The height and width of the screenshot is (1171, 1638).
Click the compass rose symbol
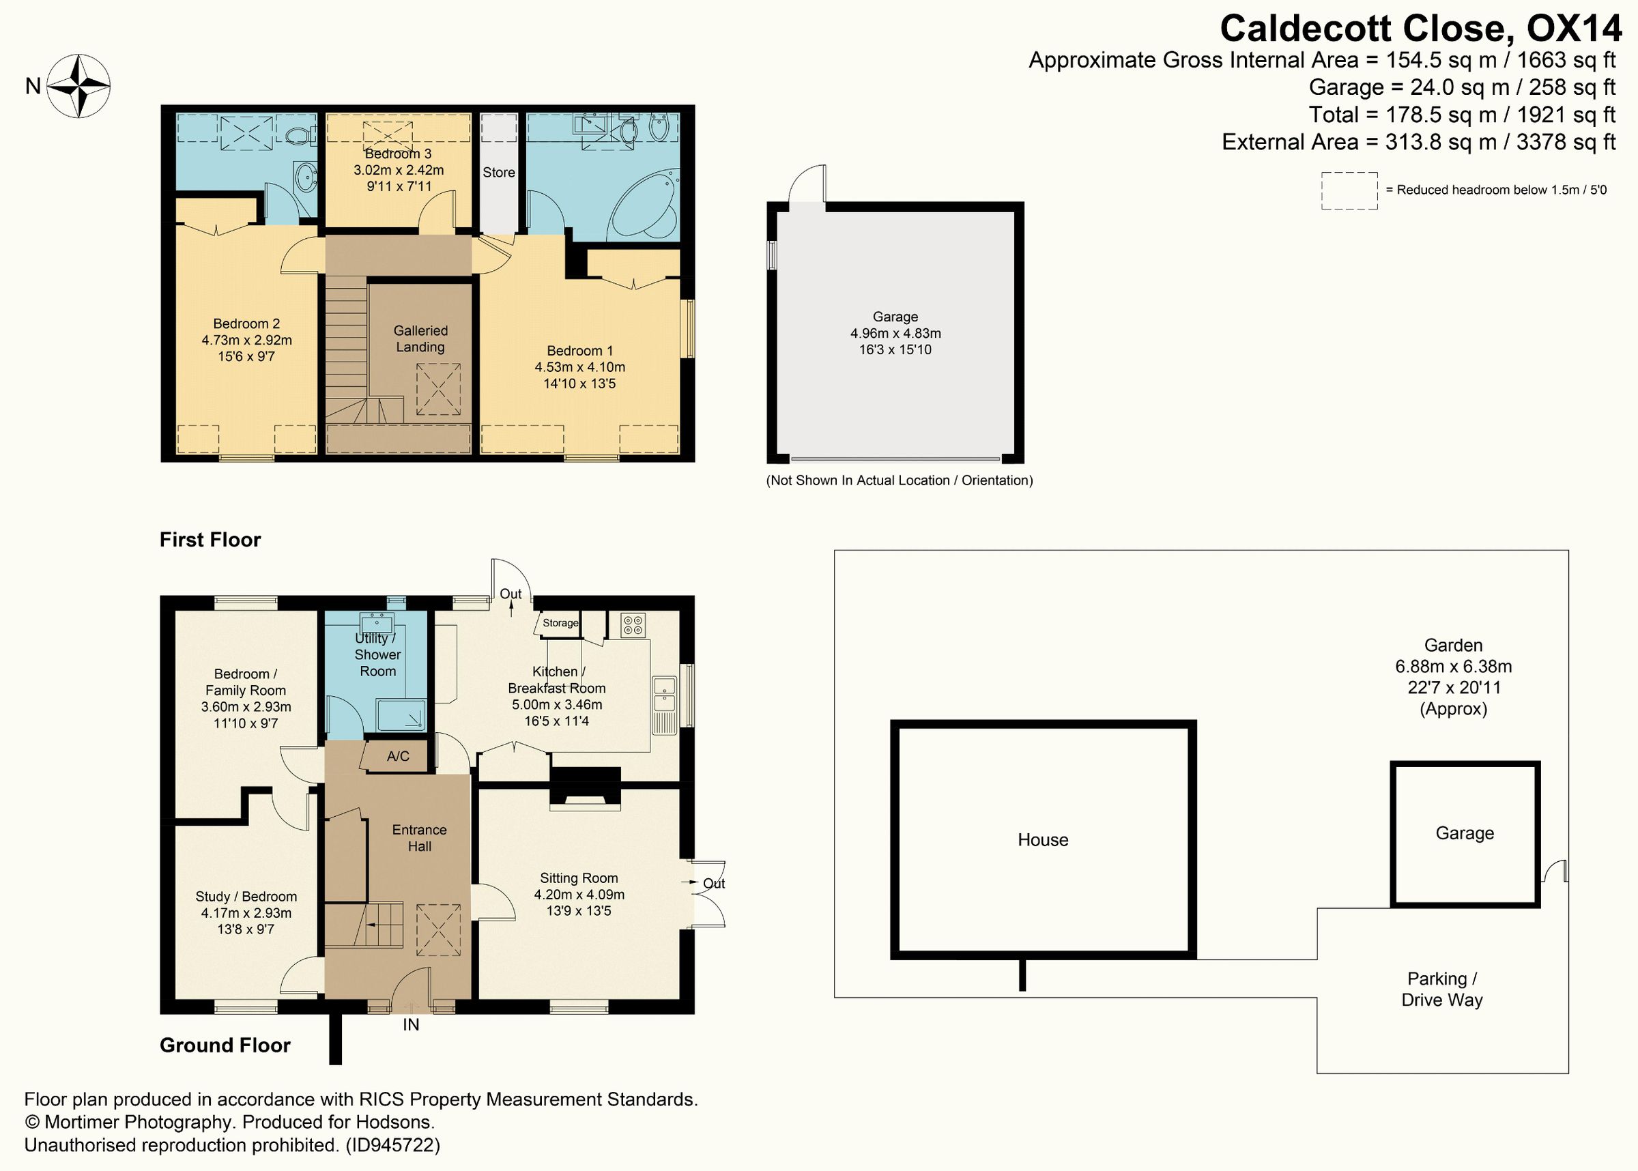78,87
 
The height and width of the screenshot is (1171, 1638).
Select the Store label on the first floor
499,173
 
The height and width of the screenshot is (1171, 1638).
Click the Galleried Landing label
420,339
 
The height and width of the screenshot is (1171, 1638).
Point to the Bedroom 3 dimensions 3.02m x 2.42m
398,170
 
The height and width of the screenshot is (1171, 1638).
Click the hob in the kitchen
633,624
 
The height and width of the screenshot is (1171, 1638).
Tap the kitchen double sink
665,693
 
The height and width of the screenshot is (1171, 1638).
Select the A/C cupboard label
398,756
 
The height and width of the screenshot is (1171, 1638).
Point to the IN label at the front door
411,1025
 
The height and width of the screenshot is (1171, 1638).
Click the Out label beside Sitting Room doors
714,883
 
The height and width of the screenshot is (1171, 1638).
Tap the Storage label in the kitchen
560,623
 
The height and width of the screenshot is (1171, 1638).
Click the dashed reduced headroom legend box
1349,190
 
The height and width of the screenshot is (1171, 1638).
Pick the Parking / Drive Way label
1442,989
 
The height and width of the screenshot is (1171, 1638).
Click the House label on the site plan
1042,839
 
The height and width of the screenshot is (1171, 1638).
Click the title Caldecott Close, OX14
1420,29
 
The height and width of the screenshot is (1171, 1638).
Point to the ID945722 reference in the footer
392,1145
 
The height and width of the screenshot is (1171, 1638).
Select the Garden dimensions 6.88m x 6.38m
1454,666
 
